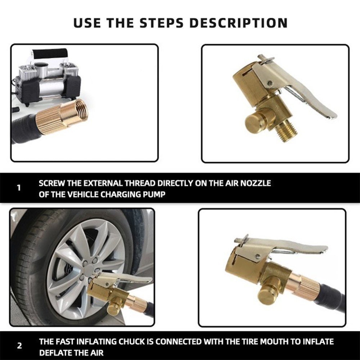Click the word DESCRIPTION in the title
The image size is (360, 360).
click(238, 22)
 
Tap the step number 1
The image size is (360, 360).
click(19, 188)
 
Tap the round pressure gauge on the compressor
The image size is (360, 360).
click(42, 66)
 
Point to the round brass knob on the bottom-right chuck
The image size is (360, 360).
click(268, 293)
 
